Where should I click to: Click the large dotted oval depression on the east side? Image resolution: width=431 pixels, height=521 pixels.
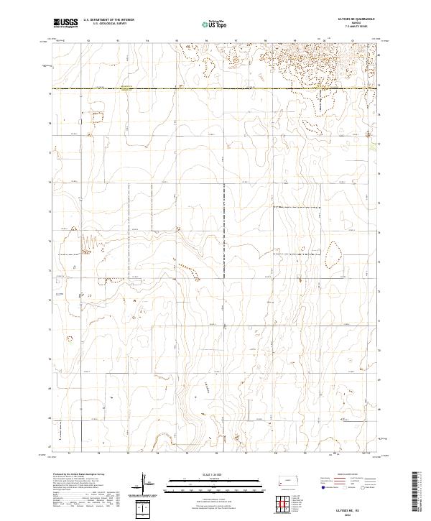[334, 252]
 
